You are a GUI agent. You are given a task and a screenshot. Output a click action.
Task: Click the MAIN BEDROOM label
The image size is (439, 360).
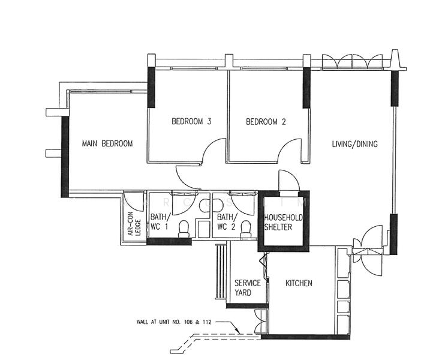(x=107, y=144)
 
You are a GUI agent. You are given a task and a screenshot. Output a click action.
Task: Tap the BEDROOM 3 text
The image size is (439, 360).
(x=191, y=122)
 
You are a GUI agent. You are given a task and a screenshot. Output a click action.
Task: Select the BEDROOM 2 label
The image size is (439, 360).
(x=266, y=122)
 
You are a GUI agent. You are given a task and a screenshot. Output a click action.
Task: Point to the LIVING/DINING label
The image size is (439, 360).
(x=355, y=144)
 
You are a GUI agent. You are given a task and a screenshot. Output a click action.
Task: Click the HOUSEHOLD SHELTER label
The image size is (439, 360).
(x=284, y=222)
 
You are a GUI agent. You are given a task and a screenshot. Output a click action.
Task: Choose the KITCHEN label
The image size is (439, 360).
(x=298, y=283)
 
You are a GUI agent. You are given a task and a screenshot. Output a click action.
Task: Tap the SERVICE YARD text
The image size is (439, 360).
(x=247, y=288)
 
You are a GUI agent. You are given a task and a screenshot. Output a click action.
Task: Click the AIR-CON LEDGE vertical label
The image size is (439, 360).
(x=134, y=224)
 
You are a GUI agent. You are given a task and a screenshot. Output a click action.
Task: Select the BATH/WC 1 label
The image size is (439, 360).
(x=160, y=222)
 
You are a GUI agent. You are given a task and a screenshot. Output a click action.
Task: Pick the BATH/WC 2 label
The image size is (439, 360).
(x=227, y=222)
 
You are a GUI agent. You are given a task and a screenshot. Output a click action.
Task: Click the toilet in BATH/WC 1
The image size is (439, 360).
(x=185, y=227)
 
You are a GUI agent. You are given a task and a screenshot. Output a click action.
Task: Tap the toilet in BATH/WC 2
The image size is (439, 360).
(x=245, y=227)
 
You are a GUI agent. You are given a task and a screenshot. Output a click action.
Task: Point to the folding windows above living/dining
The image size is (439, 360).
(x=352, y=62)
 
